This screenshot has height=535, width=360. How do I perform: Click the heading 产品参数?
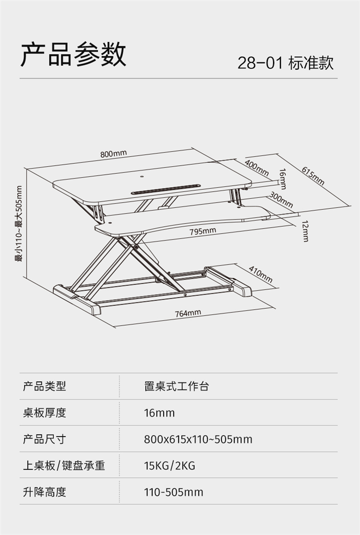click(x=73, y=54)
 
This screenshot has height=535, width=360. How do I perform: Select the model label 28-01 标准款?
click(x=285, y=63)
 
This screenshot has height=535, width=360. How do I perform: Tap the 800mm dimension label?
click(x=114, y=154)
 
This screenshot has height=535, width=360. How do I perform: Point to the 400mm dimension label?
click(x=257, y=168)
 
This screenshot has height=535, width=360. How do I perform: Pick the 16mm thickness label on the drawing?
click(x=283, y=179)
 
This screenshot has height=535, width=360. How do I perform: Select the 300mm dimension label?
click(x=281, y=200)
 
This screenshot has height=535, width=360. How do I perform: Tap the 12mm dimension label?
click(x=305, y=231)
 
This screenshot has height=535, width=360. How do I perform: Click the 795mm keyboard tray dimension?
click(x=203, y=231)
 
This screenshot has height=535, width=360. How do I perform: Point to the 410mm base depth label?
click(x=261, y=274)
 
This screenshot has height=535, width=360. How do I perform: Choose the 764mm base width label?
click(x=188, y=313)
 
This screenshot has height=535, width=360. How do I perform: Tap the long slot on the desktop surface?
click(x=165, y=189)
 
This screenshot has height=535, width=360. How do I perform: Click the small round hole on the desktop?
click(x=142, y=177)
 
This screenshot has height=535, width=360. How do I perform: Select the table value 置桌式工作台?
click(x=176, y=386)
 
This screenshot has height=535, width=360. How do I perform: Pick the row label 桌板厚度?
click(x=44, y=413)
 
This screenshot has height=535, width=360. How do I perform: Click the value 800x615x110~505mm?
click(x=198, y=439)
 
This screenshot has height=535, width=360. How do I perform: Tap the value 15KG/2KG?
click(x=169, y=465)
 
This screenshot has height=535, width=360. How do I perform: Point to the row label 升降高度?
click(x=44, y=492)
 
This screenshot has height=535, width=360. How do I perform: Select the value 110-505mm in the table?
click(x=174, y=492)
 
